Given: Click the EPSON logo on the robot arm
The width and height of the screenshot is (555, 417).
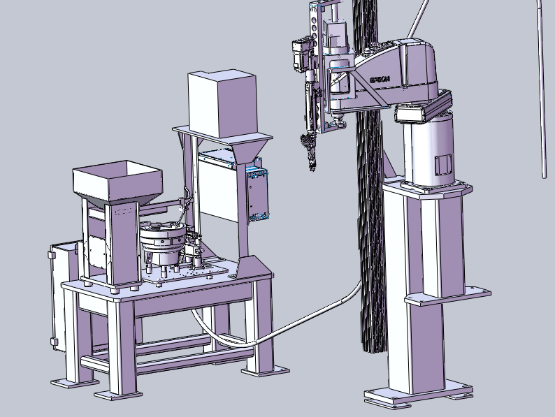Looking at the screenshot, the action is click(x=380, y=79).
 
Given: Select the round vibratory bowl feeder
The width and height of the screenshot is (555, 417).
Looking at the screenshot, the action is click(x=163, y=242).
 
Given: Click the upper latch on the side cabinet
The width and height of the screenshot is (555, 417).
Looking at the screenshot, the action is click(x=52, y=255).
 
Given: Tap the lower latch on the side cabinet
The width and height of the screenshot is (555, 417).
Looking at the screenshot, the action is click(x=54, y=342).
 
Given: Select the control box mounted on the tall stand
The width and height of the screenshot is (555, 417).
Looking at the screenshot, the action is click(x=258, y=193).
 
